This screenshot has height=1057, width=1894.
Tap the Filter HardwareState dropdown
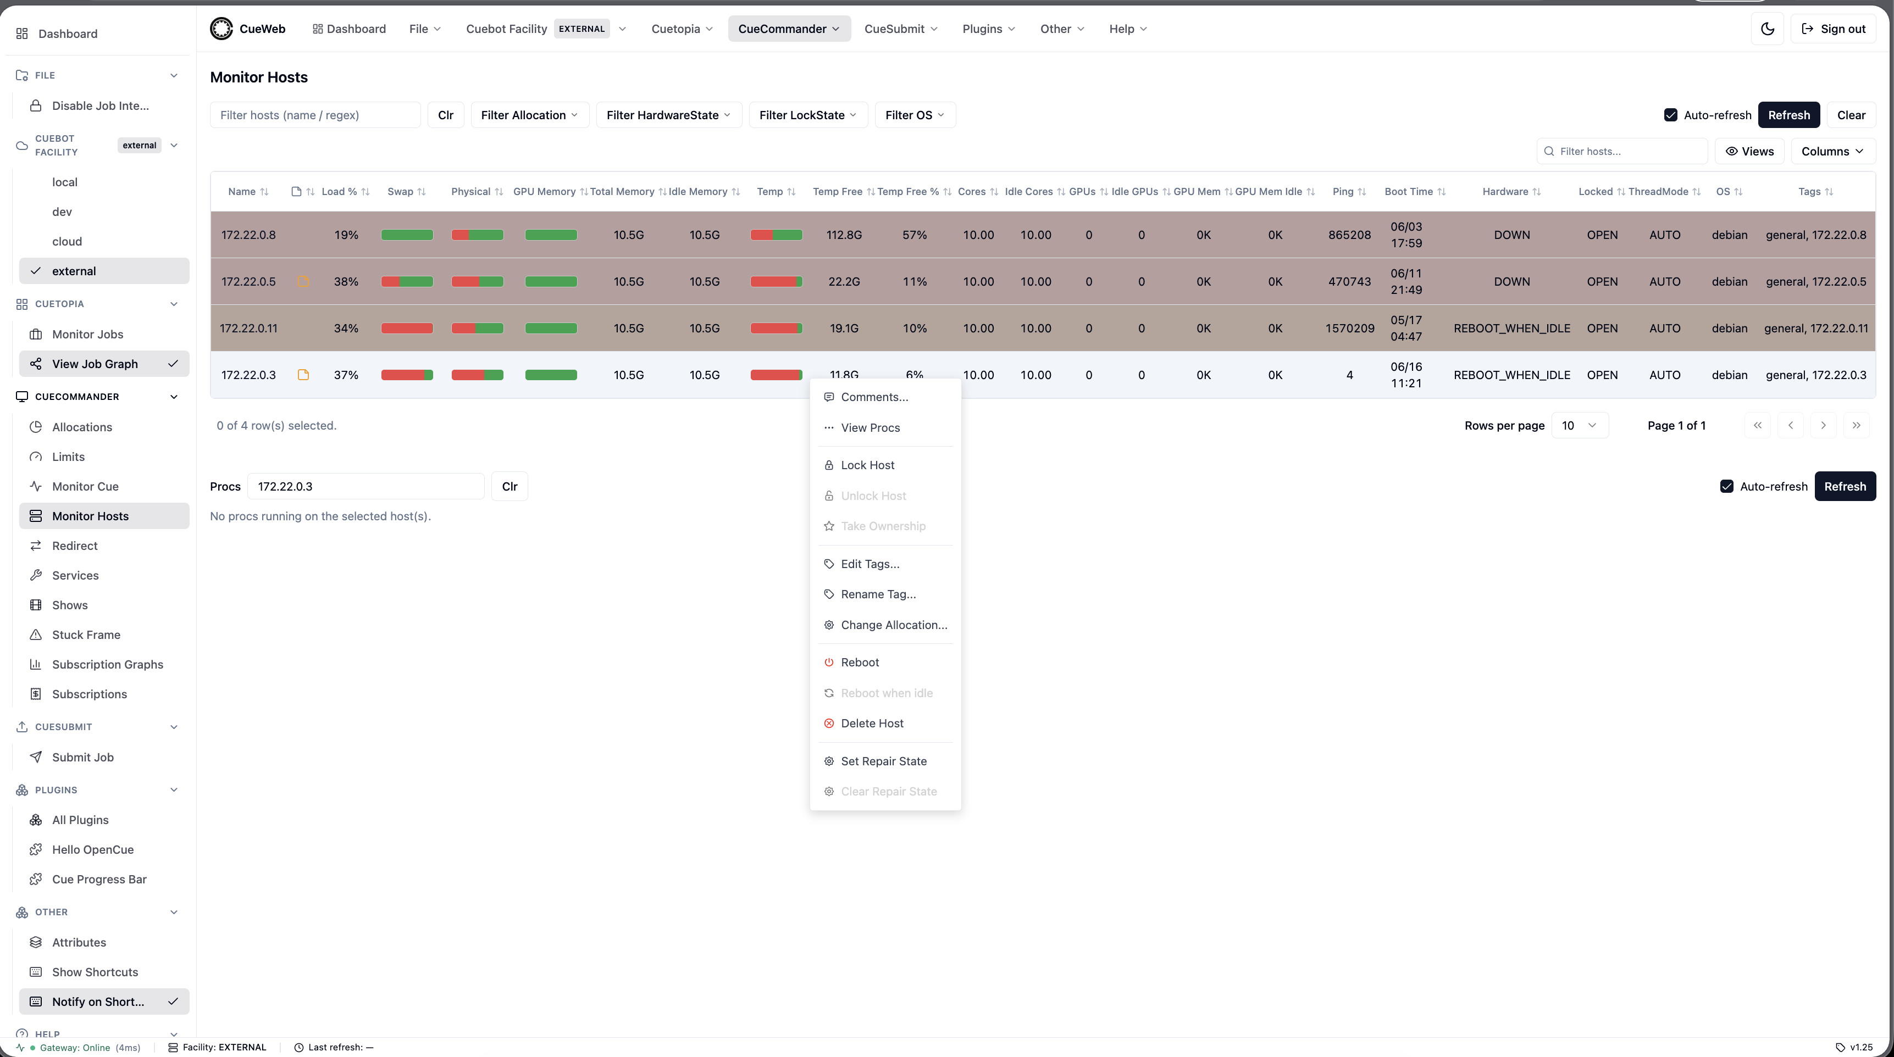pos(668,115)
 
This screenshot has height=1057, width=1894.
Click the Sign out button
pos(1833,29)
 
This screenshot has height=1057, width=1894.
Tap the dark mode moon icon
pos(1768,29)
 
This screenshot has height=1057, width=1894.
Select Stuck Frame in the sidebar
pos(86,635)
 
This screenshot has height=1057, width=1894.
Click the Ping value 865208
pos(1349,235)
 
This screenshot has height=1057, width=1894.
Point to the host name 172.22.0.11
pos(248,329)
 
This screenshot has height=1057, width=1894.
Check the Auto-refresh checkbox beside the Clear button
pos(1670,115)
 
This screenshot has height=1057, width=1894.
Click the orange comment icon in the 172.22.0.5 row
pos(303,281)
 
